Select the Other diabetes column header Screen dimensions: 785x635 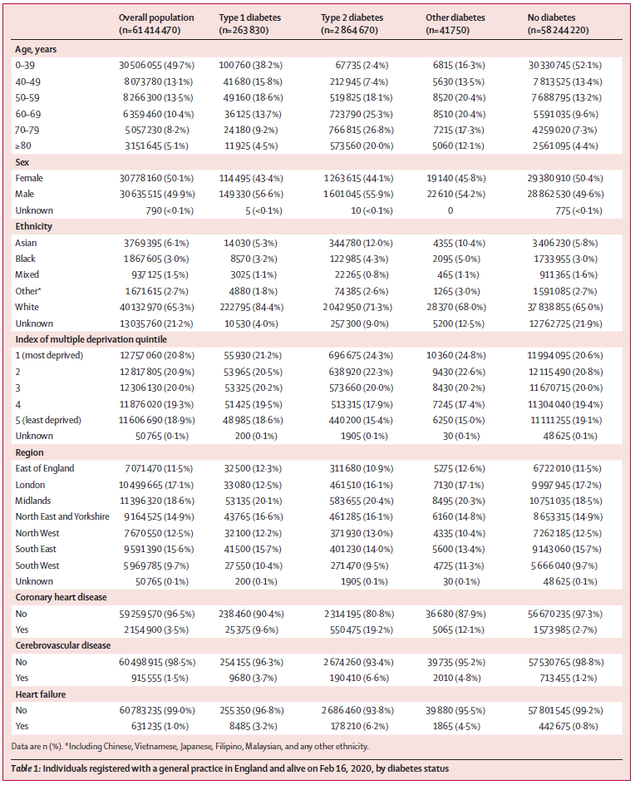pos(455,17)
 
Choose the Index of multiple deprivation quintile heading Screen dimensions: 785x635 pos(89,340)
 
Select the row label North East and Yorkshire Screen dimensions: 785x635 pos(62,517)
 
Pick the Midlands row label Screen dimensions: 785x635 pos(33,501)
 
